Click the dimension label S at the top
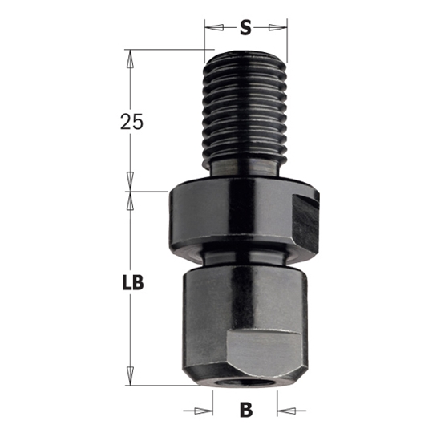click(x=246, y=28)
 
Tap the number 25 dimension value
click(x=131, y=122)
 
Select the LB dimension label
click(x=131, y=282)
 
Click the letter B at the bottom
click(x=246, y=411)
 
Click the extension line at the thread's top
click(x=160, y=50)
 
